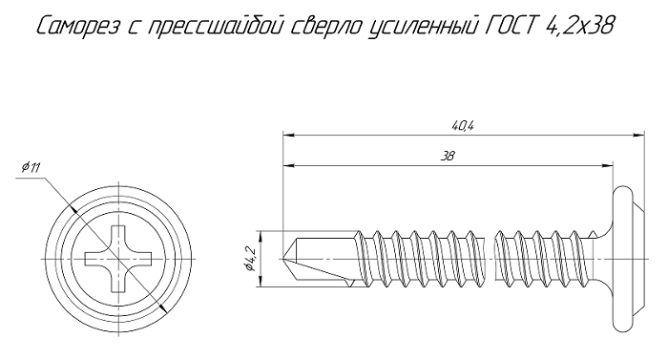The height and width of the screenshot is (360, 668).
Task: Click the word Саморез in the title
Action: point(79,27)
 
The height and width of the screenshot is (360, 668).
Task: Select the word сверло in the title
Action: point(327,27)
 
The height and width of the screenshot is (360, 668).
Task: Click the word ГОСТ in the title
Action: point(510,27)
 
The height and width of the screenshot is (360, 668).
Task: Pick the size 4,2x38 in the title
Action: point(579,27)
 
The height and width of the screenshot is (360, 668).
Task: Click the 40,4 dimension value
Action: point(463,126)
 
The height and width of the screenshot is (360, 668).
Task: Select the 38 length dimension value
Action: point(448,156)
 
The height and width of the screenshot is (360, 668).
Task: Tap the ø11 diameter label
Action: point(31,168)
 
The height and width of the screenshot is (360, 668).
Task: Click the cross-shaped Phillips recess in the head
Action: point(118,259)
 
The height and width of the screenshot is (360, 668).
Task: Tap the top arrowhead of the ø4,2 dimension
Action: point(261,237)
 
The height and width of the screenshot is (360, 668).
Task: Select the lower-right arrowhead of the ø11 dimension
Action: point(162,307)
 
